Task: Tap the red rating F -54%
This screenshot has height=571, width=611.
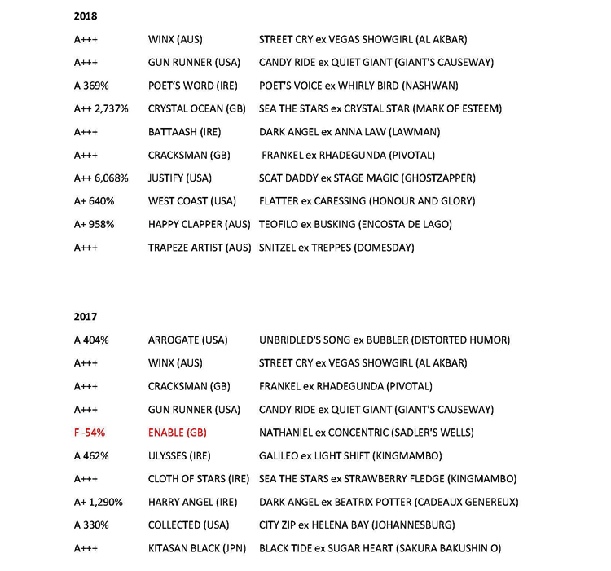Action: click(x=90, y=433)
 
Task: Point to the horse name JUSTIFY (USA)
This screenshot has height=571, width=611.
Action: click(x=181, y=178)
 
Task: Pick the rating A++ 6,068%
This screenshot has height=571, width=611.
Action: click(x=101, y=178)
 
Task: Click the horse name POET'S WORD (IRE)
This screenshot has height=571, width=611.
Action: click(x=186, y=86)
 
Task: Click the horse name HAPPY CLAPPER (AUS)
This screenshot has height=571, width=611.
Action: click(x=199, y=224)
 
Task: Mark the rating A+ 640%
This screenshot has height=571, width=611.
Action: click(x=94, y=201)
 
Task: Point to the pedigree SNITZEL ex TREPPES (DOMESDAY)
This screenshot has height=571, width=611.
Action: click(x=336, y=248)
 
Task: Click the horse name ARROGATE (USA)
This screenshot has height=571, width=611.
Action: click(x=187, y=340)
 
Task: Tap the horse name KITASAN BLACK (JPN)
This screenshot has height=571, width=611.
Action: click(x=197, y=548)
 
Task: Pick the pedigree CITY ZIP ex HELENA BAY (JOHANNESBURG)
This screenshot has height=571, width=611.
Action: click(x=357, y=525)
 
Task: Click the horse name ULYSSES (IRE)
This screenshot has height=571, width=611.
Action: click(x=179, y=456)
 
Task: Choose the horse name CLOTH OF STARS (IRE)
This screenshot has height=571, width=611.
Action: click(x=199, y=479)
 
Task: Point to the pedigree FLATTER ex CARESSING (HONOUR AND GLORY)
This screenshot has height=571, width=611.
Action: click(x=367, y=201)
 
